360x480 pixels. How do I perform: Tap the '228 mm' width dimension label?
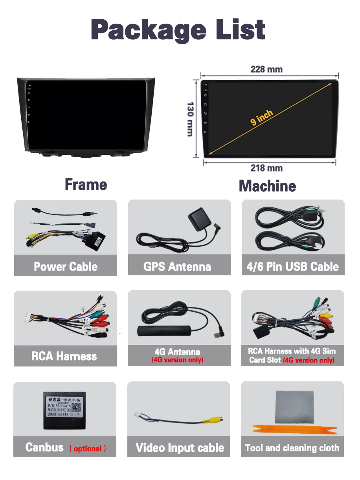[266, 70]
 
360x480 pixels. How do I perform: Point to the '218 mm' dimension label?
[266, 168]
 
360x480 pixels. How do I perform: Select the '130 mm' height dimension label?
[190, 119]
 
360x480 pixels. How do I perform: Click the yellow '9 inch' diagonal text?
[261, 117]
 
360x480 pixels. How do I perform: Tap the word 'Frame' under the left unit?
[86, 184]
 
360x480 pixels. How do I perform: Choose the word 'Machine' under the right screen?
[267, 186]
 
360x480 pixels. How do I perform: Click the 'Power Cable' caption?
[66, 267]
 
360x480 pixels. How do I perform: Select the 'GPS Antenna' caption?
[177, 267]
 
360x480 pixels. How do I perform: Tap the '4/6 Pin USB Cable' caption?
[292, 267]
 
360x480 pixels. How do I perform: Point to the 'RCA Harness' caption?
[64, 356]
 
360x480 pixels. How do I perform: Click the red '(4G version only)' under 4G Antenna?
[177, 360]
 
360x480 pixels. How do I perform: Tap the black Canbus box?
[64, 410]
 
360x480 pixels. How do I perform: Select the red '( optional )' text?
[88, 449]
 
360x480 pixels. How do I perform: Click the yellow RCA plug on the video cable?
[209, 421]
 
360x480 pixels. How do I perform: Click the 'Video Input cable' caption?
[180, 448]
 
